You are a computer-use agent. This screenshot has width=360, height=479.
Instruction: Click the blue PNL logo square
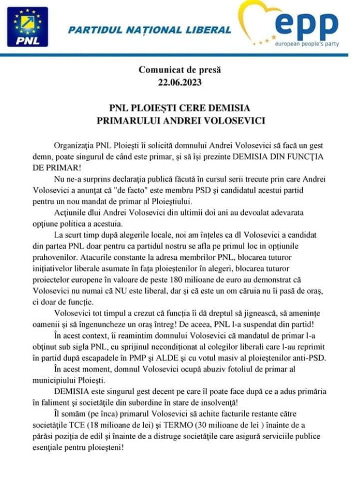(x=27, y=27)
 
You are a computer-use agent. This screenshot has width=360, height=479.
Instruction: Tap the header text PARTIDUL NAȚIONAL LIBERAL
(x=149, y=30)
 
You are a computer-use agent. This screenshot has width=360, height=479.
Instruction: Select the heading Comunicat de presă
(x=179, y=69)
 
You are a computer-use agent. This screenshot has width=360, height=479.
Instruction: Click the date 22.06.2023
(x=179, y=81)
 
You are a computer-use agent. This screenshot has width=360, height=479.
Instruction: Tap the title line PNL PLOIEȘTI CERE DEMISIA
(x=179, y=108)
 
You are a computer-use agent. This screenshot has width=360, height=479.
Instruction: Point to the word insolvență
(x=283, y=402)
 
